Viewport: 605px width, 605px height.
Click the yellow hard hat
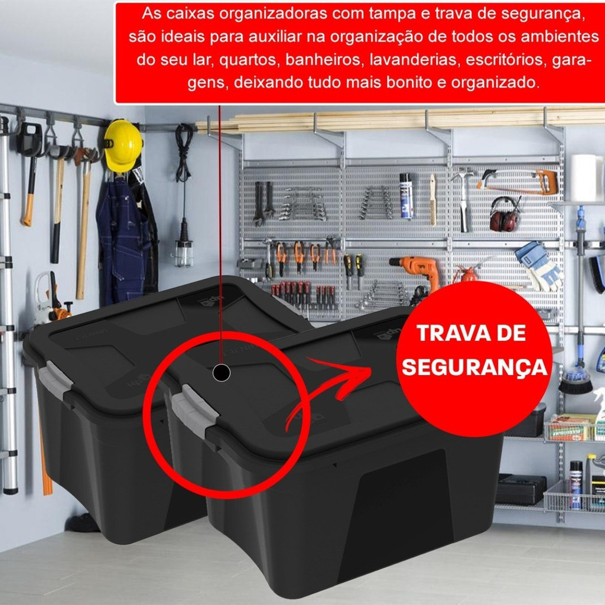pos(123,145)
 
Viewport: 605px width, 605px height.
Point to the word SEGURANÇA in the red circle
pos(474,366)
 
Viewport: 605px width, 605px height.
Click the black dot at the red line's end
pos(221,373)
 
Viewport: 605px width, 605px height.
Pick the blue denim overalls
pos(123,239)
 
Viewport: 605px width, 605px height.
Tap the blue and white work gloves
pos(539,266)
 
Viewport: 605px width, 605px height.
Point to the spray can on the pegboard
pos(406,196)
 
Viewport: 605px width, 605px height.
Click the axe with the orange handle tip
pos(31,174)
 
